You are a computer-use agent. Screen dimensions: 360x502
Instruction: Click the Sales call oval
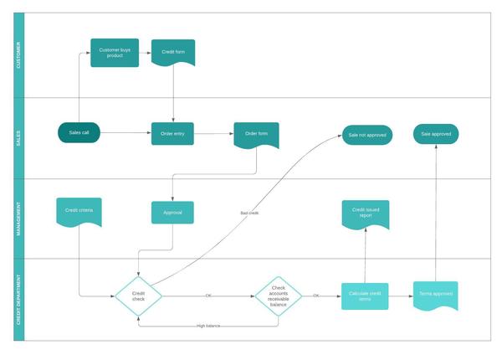[x=79, y=133]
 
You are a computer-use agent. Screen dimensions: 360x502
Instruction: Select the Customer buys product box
[x=115, y=53]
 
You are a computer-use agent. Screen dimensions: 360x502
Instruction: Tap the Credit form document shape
[x=173, y=53]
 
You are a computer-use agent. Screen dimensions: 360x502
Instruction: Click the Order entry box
[x=173, y=133]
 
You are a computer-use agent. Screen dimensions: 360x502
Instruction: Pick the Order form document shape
[x=256, y=134]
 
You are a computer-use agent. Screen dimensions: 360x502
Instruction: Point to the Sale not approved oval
[x=366, y=134]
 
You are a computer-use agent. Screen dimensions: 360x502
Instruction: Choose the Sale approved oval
[x=436, y=133]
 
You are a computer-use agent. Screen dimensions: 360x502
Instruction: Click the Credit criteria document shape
[x=79, y=211]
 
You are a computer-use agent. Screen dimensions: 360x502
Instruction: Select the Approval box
[x=172, y=213]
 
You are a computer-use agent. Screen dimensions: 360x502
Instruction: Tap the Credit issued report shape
[x=366, y=214]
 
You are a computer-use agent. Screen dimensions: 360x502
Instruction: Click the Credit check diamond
[x=138, y=296]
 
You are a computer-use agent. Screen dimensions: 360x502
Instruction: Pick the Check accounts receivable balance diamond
[x=278, y=296]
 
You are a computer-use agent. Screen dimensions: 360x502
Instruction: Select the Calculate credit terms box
[x=365, y=296]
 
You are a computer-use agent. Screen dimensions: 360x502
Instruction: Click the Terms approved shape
[x=436, y=296]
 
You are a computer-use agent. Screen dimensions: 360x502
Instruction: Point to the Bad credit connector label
[x=249, y=213]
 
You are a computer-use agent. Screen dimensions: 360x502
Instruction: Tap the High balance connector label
[x=208, y=325]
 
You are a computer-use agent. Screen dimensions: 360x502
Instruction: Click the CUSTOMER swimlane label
[x=19, y=55]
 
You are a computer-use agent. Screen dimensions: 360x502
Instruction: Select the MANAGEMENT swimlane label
[x=19, y=219]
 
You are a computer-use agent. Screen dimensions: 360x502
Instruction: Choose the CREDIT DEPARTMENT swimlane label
[x=19, y=299]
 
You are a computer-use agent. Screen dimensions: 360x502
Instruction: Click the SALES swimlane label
[x=19, y=138]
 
